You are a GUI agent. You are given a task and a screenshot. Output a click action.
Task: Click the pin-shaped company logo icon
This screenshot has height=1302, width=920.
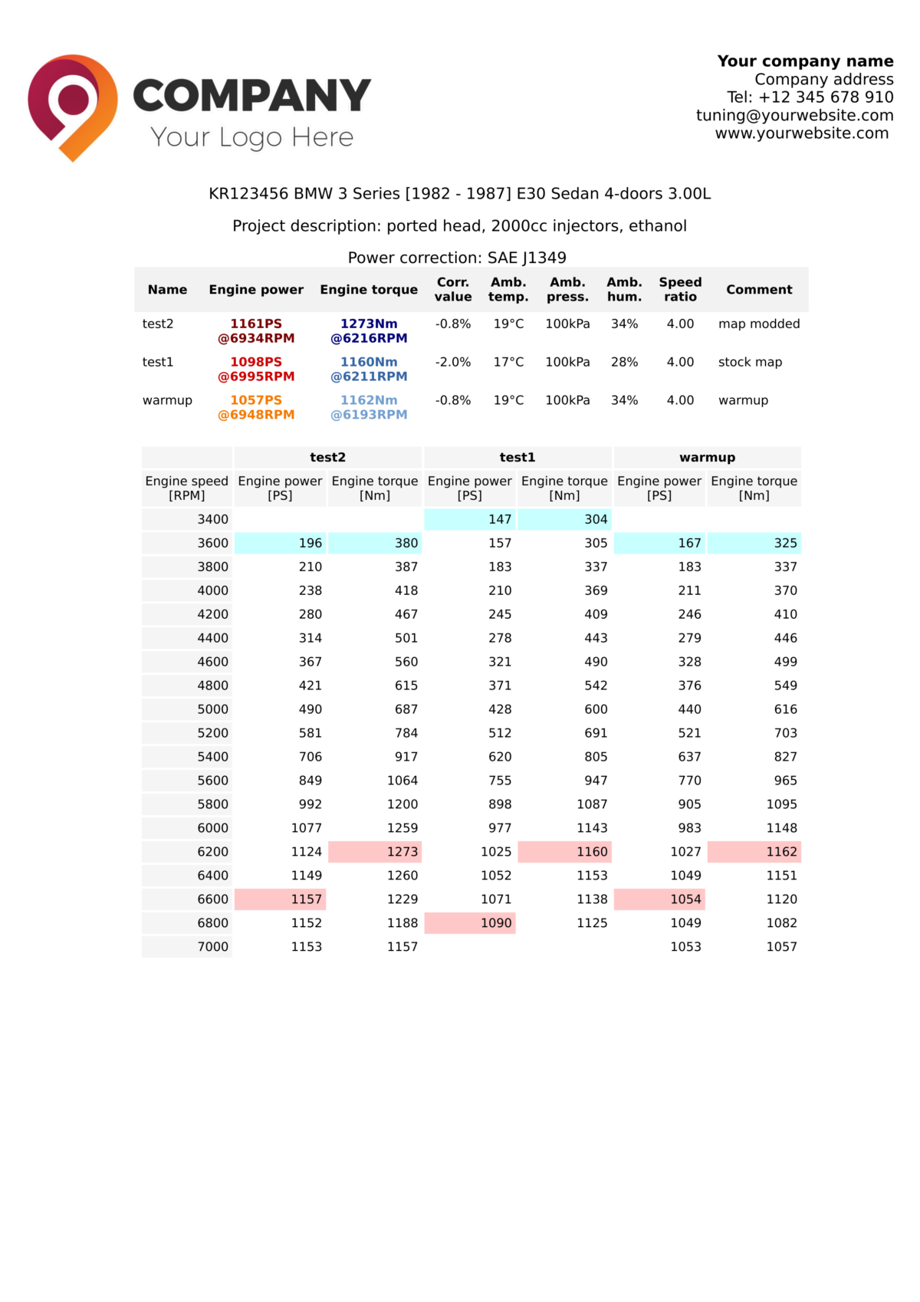pyautogui.click(x=73, y=106)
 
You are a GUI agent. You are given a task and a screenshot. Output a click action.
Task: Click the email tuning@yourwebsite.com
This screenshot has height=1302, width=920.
pyautogui.click(x=794, y=115)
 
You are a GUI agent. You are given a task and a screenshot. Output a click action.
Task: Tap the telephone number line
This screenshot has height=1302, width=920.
pyautogui.click(x=810, y=97)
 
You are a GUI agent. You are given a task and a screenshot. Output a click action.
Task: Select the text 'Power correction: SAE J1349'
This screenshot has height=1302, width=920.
pyautogui.click(x=457, y=258)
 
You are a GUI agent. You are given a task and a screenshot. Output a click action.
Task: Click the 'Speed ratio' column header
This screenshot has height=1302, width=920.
pyautogui.click(x=680, y=289)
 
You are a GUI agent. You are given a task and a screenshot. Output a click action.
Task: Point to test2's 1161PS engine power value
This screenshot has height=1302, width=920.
pyautogui.click(x=256, y=324)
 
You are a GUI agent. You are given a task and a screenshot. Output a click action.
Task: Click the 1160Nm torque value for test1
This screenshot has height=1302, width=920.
pyautogui.click(x=369, y=362)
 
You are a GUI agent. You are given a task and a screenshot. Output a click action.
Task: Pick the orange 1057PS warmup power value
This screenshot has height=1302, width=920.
pyautogui.click(x=256, y=400)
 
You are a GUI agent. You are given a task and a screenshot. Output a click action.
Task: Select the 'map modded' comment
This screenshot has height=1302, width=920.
pyautogui.click(x=758, y=324)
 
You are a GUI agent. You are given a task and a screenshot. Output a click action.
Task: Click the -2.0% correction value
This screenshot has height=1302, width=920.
pyautogui.click(x=452, y=362)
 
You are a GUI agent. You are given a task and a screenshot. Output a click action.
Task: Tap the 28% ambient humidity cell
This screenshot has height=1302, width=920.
pyautogui.click(x=624, y=362)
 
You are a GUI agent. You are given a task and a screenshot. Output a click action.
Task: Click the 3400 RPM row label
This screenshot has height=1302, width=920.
pyautogui.click(x=212, y=519)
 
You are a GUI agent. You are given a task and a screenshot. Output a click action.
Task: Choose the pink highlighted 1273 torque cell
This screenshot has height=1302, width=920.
pyautogui.click(x=375, y=851)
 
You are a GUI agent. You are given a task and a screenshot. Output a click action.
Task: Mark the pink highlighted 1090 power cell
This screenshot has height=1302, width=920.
pyautogui.click(x=470, y=922)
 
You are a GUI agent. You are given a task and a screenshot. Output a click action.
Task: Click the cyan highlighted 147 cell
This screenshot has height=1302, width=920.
pyautogui.click(x=470, y=519)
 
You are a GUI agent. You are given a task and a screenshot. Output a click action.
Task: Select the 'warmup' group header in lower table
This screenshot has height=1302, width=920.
pyautogui.click(x=707, y=457)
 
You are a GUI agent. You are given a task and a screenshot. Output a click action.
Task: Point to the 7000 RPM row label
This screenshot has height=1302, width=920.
pyautogui.click(x=212, y=946)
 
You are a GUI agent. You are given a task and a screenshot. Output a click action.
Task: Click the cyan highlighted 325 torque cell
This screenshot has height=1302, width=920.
pyautogui.click(x=754, y=543)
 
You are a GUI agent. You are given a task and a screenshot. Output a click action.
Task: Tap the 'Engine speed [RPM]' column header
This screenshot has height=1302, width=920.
pyautogui.click(x=187, y=488)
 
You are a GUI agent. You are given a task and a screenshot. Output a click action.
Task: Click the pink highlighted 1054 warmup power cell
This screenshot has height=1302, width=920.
pyautogui.click(x=659, y=899)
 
